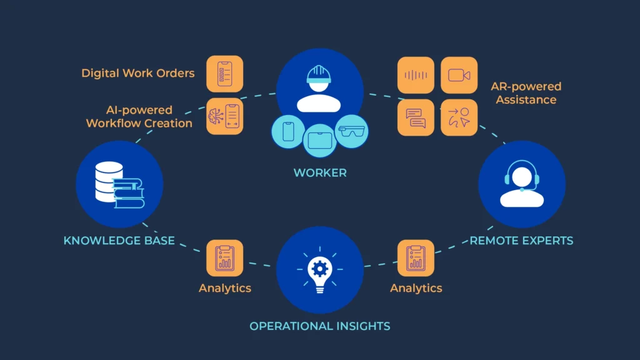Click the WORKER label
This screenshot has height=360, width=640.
(x=319, y=172)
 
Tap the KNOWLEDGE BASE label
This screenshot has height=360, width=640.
(x=119, y=241)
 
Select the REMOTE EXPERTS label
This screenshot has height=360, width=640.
(x=521, y=241)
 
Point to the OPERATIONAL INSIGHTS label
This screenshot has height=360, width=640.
(x=319, y=326)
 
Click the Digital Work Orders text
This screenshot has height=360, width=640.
(x=137, y=73)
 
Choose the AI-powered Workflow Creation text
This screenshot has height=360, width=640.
(x=139, y=117)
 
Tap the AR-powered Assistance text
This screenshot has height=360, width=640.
(x=526, y=93)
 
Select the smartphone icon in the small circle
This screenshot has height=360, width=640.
(x=289, y=132)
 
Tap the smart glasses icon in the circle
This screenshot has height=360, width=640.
(x=351, y=131)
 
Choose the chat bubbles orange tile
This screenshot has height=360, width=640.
(x=416, y=117)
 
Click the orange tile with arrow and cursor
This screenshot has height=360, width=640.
(x=459, y=117)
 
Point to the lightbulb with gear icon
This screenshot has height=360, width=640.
(x=319, y=270)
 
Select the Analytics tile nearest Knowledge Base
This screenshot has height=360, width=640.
(x=224, y=258)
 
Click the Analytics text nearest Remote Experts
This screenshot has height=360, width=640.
(x=416, y=288)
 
